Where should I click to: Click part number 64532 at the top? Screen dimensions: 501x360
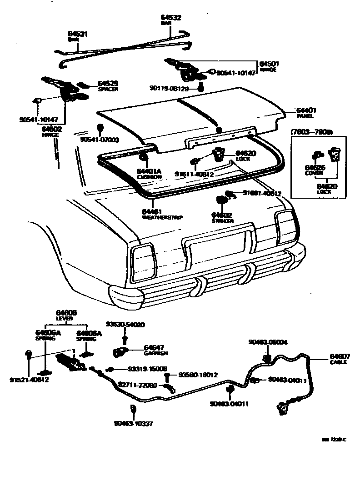171,18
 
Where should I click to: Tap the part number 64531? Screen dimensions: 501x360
78,34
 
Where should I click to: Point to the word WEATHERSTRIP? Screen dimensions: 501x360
162,217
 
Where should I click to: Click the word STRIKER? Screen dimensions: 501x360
222,220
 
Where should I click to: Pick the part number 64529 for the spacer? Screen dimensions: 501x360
108,83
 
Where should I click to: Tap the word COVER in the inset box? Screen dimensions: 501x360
314,173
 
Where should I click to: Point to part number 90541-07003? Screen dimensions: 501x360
100,140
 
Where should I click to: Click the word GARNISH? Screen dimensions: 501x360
156,353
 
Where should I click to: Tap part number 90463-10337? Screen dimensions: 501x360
134,424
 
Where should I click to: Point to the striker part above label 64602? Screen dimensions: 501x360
221,200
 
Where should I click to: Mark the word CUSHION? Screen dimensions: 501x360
149,177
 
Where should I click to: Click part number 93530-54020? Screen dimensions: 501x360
125,325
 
